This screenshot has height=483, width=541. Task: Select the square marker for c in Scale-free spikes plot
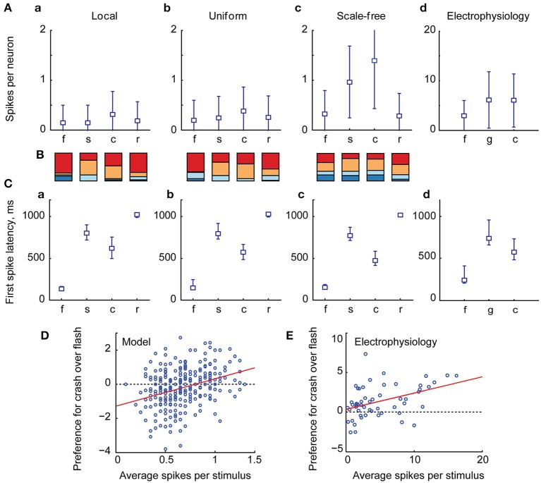[x=374, y=61]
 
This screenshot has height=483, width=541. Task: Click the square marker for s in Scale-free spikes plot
[x=349, y=82]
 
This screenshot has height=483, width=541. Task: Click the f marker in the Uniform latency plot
[x=193, y=288]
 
